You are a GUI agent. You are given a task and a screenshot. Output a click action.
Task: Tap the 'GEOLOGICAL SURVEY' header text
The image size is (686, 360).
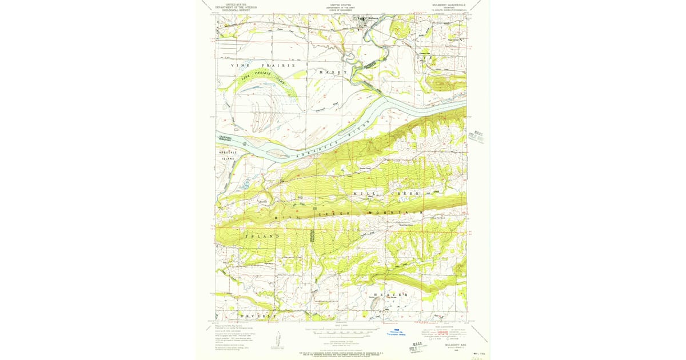pos(236,10)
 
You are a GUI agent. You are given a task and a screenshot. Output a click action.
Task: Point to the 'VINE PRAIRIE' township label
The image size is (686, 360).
pos(264,66)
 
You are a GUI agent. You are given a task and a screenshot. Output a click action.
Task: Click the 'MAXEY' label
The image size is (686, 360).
pos(333,73)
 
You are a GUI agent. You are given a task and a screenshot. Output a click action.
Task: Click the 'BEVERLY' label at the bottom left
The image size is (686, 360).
pos(257,316)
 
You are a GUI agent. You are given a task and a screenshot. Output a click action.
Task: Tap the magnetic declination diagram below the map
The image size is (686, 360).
pos(278,339)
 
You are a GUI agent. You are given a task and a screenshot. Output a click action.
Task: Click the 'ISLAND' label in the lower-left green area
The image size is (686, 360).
pos(262,236)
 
